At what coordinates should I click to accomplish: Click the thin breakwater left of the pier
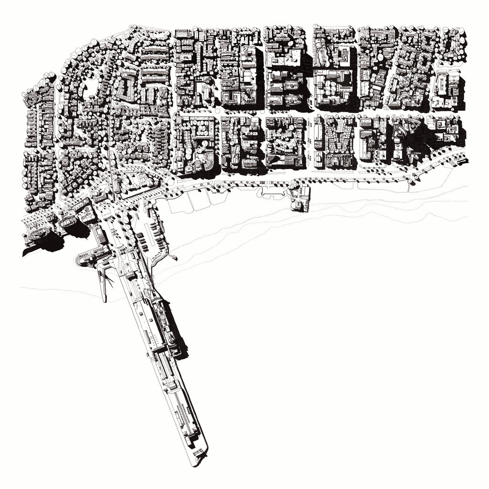[102, 282]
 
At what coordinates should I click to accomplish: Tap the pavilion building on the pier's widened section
[165, 310]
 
